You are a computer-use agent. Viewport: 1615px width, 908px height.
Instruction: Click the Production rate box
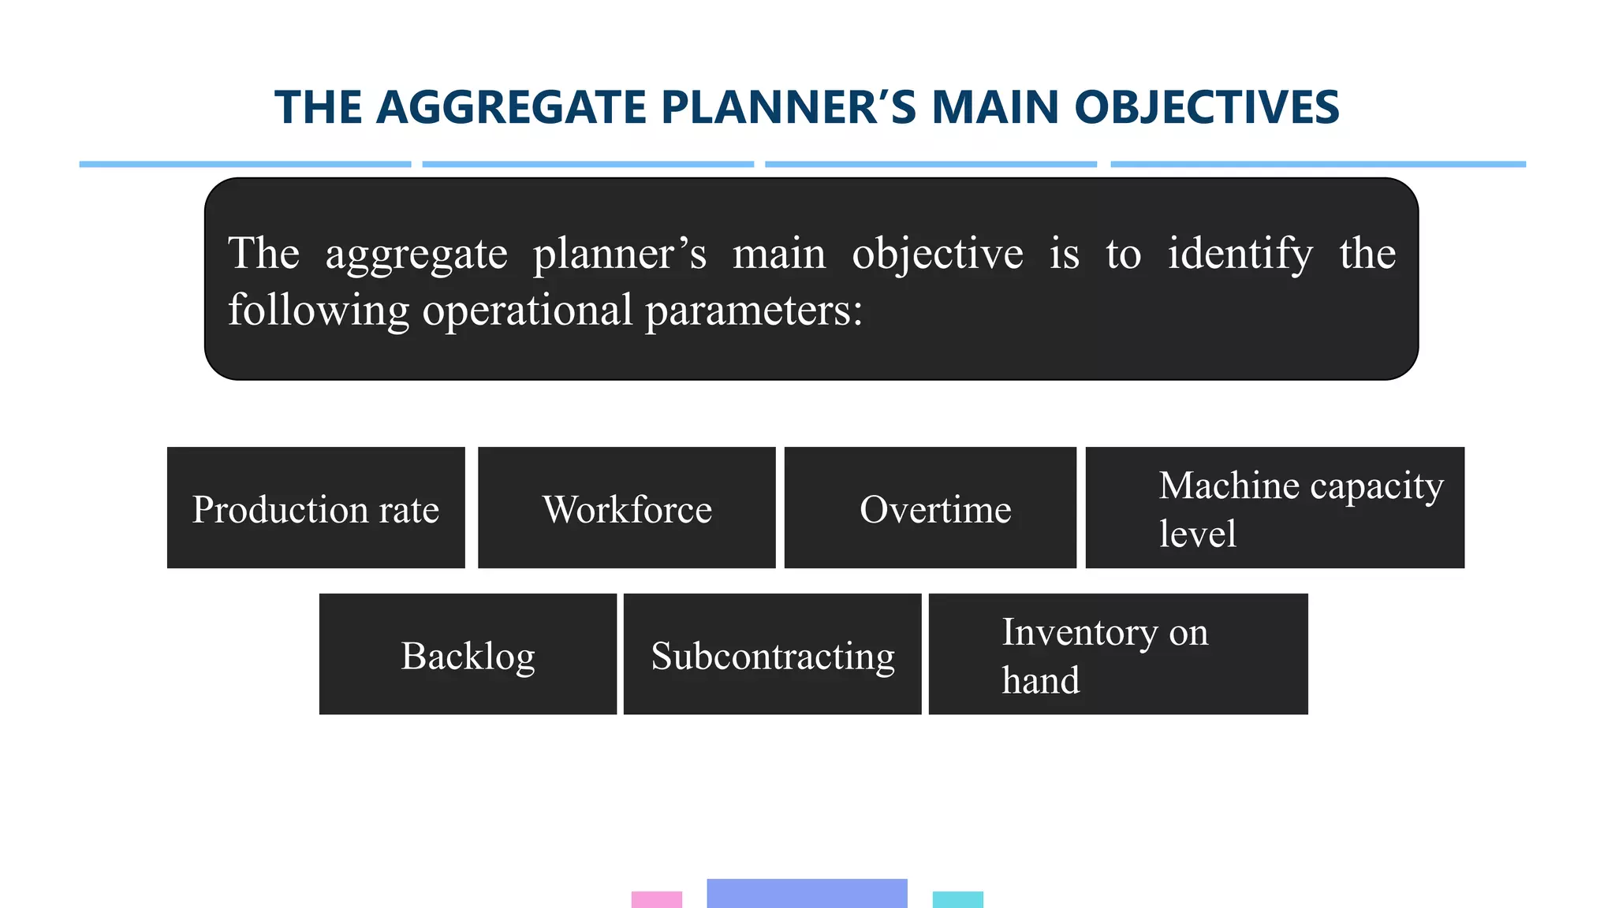(315, 508)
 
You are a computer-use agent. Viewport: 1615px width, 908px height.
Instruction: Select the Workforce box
(627, 508)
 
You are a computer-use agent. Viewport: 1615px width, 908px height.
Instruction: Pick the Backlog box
(468, 654)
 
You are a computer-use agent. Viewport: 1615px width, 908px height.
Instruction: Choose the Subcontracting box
(773, 654)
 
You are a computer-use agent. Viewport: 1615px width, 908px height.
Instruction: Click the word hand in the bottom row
(1040, 680)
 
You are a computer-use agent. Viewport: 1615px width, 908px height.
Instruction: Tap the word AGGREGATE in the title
(512, 107)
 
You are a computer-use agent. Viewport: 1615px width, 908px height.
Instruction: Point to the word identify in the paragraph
(1240, 254)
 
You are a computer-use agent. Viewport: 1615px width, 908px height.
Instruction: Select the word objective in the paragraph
(937, 254)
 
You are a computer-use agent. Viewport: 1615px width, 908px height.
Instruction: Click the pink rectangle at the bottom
(656, 899)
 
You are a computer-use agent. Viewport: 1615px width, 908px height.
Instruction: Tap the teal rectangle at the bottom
(957, 899)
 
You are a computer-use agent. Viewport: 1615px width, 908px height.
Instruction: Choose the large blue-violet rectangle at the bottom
(807, 893)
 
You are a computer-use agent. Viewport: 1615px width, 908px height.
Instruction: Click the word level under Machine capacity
(1197, 534)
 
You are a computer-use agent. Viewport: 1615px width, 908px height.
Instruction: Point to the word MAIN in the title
(994, 107)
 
